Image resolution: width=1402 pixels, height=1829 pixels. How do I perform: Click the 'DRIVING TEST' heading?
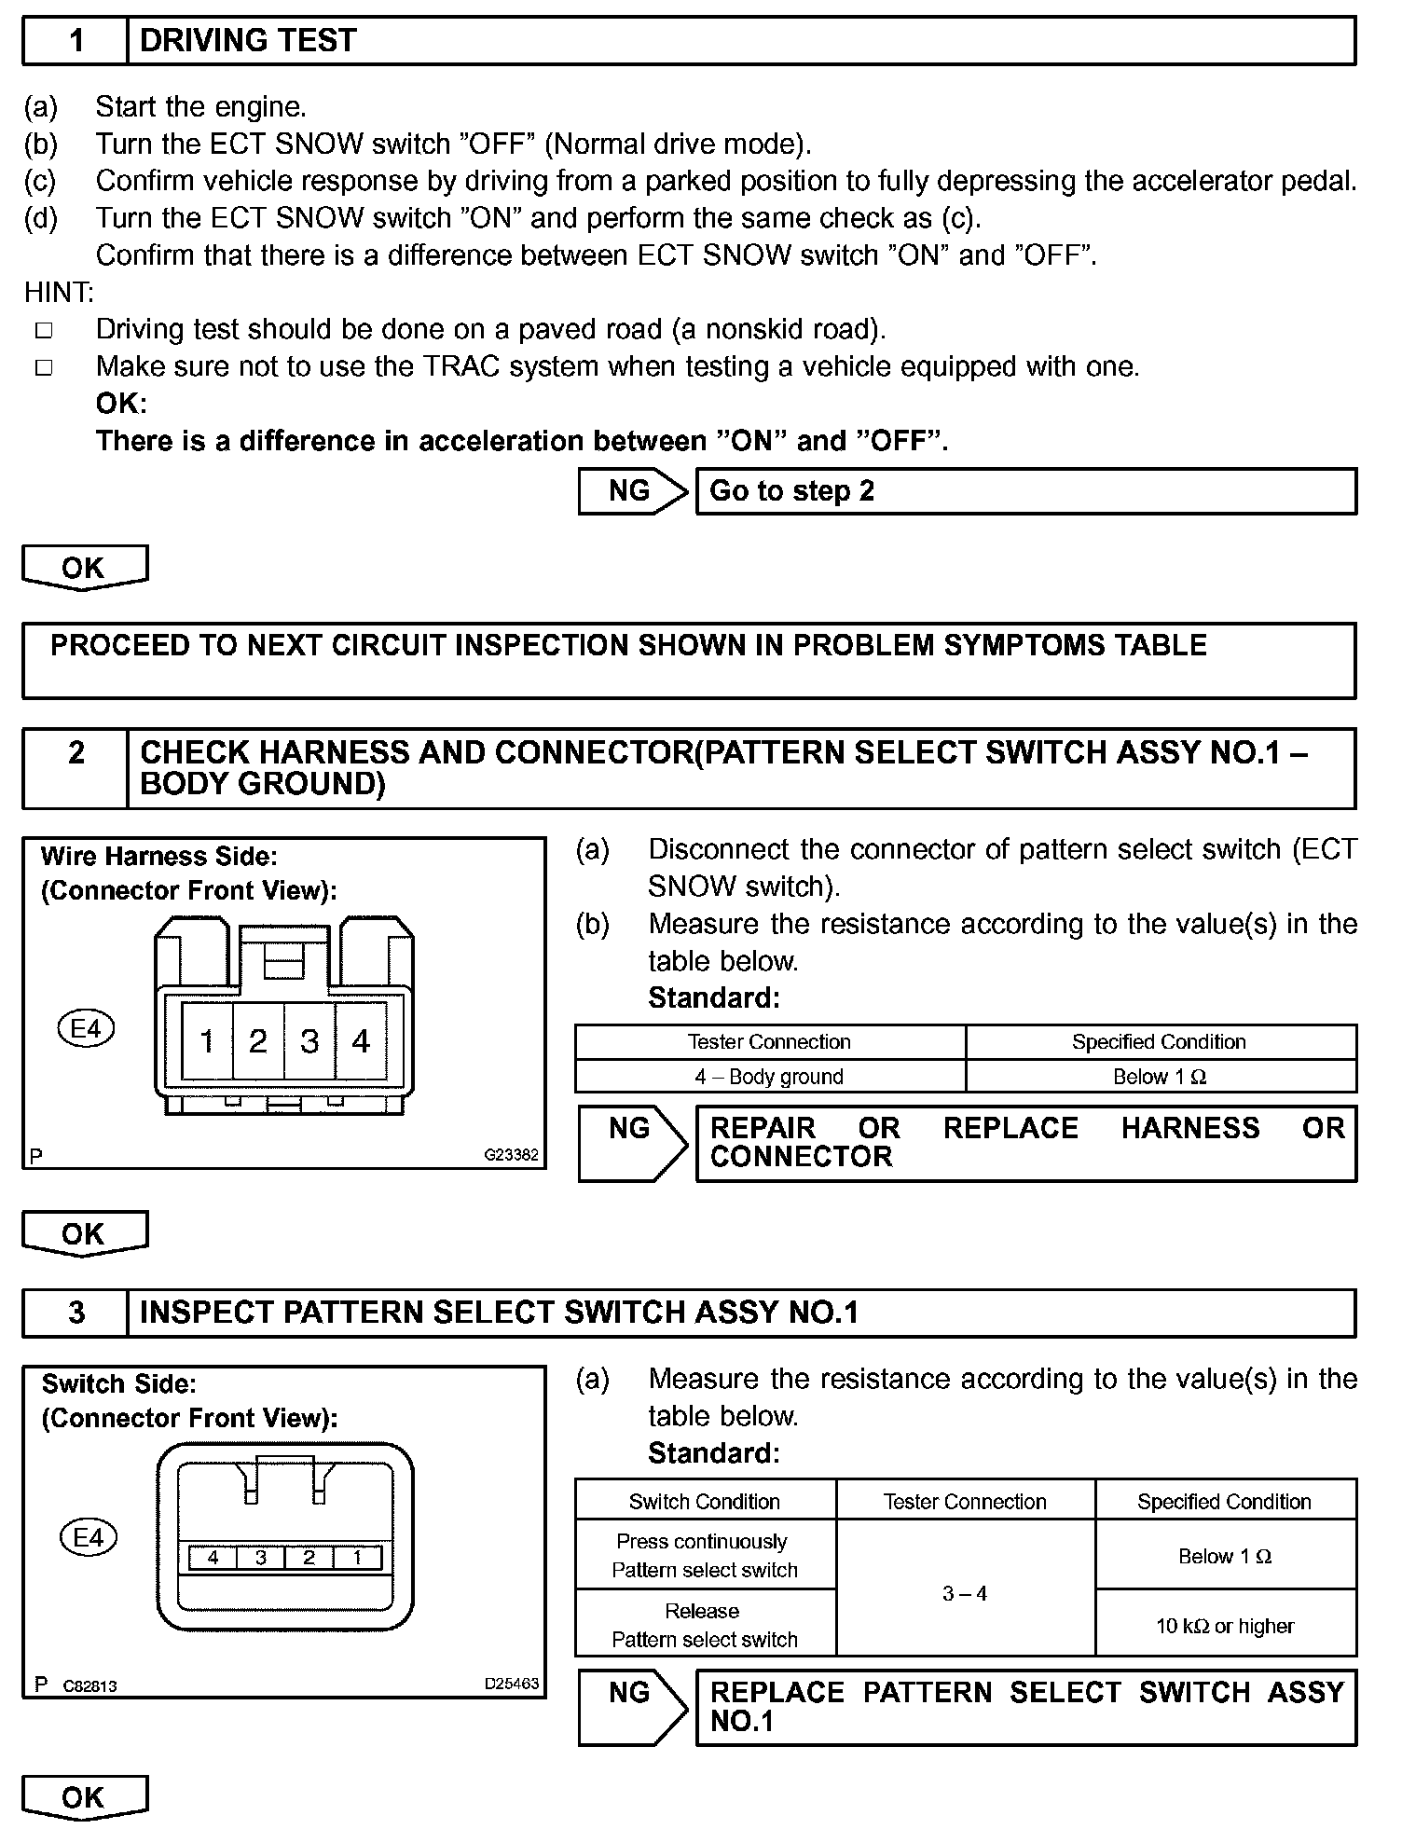click(248, 41)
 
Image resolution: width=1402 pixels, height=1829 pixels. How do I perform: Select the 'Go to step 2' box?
click(1025, 491)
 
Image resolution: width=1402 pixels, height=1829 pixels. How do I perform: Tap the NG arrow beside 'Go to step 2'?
click(631, 491)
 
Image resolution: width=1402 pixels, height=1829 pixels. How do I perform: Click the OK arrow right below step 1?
click(84, 568)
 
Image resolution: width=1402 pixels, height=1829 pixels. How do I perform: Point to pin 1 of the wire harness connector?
click(207, 1041)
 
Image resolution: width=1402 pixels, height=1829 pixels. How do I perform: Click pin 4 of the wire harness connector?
click(361, 1041)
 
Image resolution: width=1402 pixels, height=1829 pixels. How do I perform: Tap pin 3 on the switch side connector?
click(261, 1558)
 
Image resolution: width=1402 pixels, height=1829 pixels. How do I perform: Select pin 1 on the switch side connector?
click(357, 1558)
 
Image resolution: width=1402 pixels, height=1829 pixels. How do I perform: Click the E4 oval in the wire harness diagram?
click(86, 1029)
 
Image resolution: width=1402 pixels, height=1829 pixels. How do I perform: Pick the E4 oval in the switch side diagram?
click(88, 1537)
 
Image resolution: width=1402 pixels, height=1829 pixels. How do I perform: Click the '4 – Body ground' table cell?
click(769, 1077)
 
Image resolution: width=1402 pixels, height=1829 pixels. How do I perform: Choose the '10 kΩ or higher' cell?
click(1225, 1627)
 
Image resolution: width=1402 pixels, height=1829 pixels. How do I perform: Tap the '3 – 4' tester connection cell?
click(965, 1594)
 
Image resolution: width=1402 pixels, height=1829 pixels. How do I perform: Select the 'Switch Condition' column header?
click(705, 1502)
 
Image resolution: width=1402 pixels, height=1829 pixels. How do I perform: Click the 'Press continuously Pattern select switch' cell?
click(705, 1556)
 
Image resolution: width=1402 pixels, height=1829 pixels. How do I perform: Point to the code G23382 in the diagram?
click(511, 1155)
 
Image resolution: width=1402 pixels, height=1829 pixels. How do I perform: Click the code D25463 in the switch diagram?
click(511, 1685)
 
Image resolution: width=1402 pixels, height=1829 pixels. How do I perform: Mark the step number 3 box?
click(76, 1313)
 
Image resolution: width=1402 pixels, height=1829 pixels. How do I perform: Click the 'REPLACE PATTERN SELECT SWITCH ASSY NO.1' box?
click(1025, 1707)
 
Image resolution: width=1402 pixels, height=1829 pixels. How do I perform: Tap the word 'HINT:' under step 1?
click(59, 293)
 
